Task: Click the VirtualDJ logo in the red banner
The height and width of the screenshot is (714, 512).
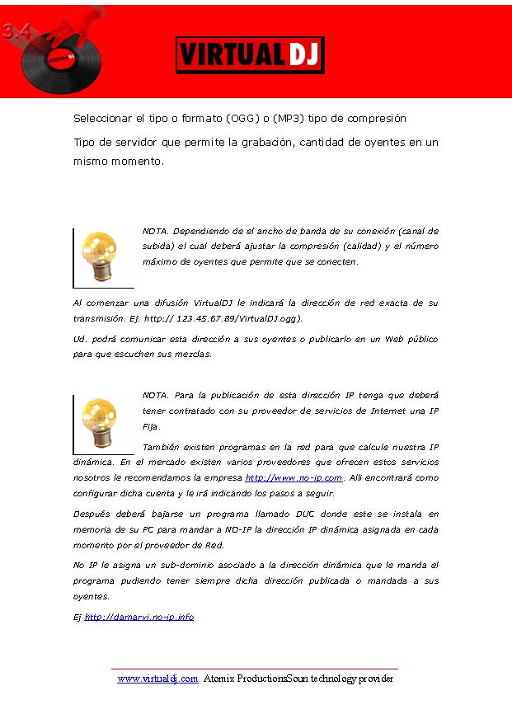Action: click(x=250, y=54)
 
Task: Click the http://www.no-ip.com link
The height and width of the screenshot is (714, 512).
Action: click(x=294, y=478)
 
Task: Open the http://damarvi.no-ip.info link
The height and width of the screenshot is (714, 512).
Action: click(x=139, y=617)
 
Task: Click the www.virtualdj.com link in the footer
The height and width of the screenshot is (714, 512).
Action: click(x=157, y=679)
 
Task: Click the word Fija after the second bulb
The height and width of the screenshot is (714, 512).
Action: click(x=151, y=427)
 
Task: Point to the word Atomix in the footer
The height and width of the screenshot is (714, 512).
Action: click(x=219, y=679)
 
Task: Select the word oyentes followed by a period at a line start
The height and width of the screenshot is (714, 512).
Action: click(x=90, y=596)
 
